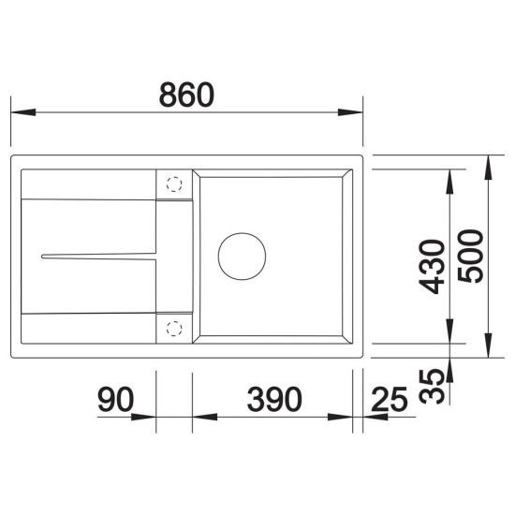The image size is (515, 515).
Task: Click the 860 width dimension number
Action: [x=186, y=95]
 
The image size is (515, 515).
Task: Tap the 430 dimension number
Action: [x=433, y=267]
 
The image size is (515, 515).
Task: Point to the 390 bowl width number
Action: [x=274, y=399]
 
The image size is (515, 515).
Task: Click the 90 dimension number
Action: [x=115, y=399]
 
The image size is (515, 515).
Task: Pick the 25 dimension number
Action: [x=390, y=399]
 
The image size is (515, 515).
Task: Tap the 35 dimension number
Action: [x=432, y=386]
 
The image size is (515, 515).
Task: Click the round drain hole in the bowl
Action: [x=243, y=257]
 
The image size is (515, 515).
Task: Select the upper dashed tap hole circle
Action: [x=174, y=184]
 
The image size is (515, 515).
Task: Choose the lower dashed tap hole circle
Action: [x=174, y=329]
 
